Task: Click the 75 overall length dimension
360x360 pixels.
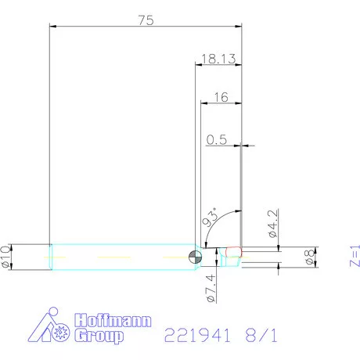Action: [145, 21]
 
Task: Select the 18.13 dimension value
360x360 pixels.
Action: [219, 59]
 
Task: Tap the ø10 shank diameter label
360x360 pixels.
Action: [8, 257]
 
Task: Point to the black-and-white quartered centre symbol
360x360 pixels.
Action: [196, 256]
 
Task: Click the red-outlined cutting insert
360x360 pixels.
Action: [232, 251]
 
